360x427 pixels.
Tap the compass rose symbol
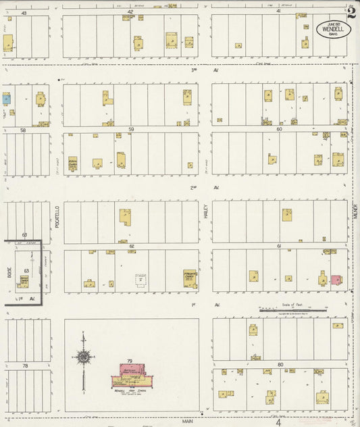click(x=83, y=356)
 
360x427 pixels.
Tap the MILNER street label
click(x=354, y=221)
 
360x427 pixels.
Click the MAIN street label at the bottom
click(x=187, y=420)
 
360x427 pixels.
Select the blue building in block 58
click(x=7, y=99)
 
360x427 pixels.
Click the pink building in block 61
click(x=334, y=279)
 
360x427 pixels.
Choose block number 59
click(x=131, y=129)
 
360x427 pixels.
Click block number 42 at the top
click(x=130, y=12)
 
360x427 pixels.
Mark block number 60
click(x=279, y=128)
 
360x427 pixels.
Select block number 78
click(x=25, y=366)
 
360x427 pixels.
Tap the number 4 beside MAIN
click(x=278, y=422)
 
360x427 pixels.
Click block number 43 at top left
click(x=24, y=13)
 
